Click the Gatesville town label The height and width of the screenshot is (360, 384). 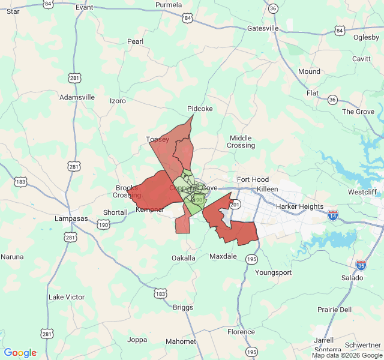263,28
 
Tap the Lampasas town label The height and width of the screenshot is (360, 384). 71,218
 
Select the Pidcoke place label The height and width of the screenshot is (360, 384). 200,109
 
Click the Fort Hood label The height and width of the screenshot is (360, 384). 253,179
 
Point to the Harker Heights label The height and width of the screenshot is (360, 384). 299,206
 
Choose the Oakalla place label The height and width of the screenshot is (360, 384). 183,258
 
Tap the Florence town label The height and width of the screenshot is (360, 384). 241,332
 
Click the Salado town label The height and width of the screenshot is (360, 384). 352,278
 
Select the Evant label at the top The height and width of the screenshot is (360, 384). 84,7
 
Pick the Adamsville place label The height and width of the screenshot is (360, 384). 77,97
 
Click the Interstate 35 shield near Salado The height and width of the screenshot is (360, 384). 361,264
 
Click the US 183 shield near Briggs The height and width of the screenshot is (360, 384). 160,293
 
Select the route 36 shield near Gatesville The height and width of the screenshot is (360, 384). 273,8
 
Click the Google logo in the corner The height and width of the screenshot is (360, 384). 20,353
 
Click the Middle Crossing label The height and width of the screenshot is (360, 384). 241,142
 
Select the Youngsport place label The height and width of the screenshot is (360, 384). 273,272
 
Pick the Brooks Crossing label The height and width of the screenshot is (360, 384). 128,191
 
